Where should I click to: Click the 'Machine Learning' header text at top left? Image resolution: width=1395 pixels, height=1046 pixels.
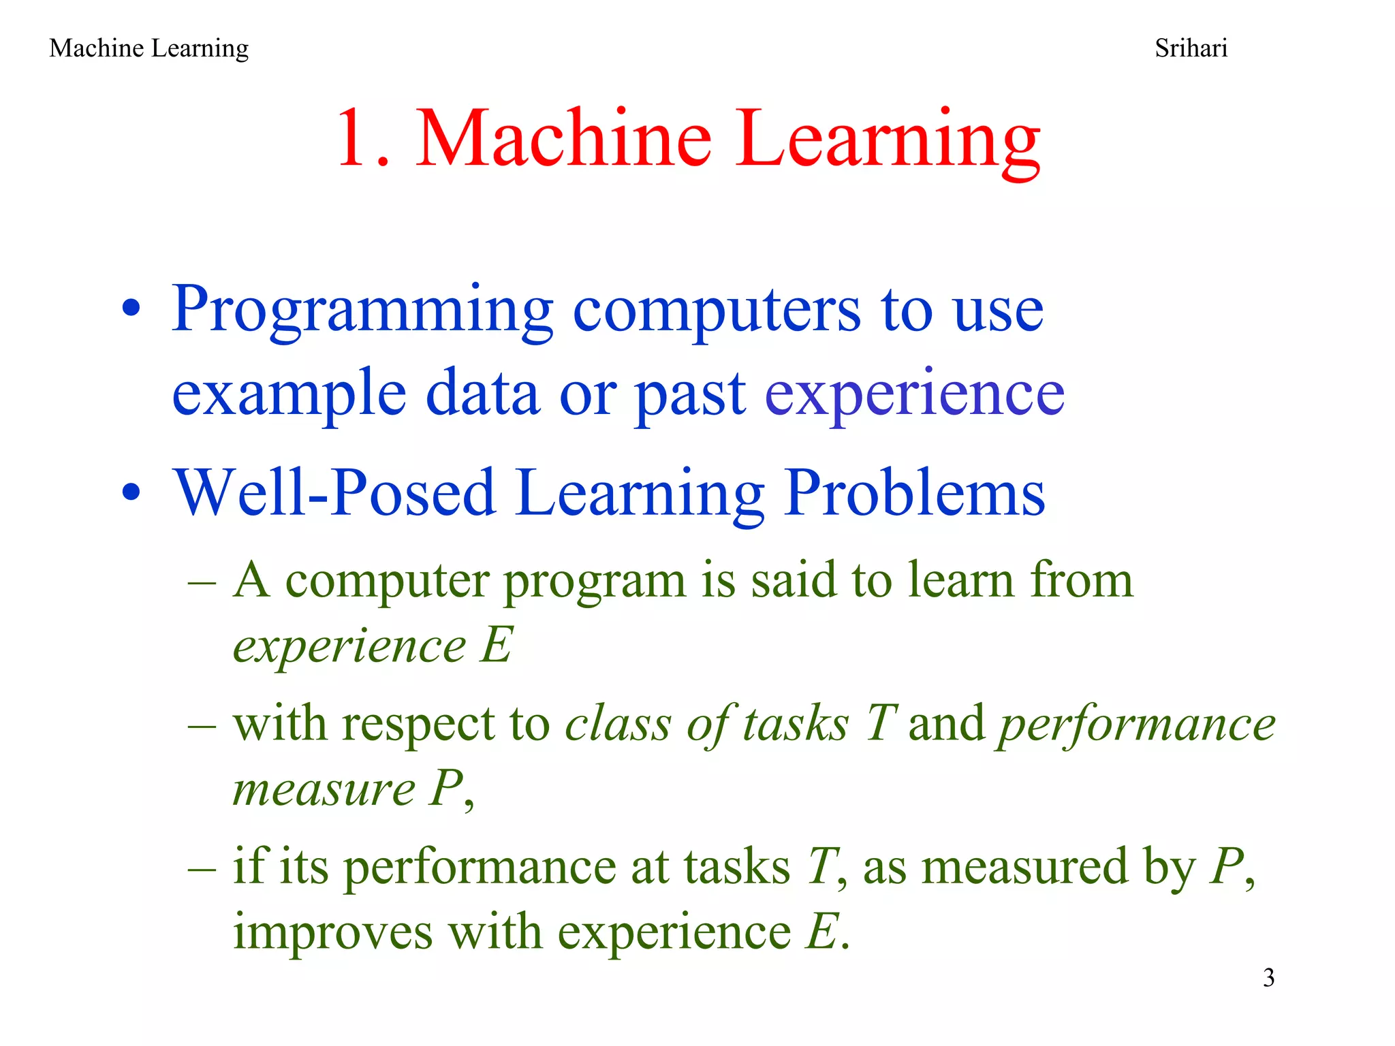(x=148, y=48)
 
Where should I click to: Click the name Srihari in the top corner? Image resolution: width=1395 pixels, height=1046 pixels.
(x=1191, y=48)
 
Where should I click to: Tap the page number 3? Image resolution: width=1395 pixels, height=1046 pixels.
(x=1268, y=978)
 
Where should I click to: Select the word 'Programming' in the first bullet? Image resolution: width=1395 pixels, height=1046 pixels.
(x=362, y=310)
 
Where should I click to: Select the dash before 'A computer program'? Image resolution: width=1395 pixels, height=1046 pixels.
(x=202, y=583)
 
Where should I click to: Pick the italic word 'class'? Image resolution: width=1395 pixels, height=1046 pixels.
(x=618, y=723)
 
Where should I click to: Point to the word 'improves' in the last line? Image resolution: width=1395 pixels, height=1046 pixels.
(x=332, y=932)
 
